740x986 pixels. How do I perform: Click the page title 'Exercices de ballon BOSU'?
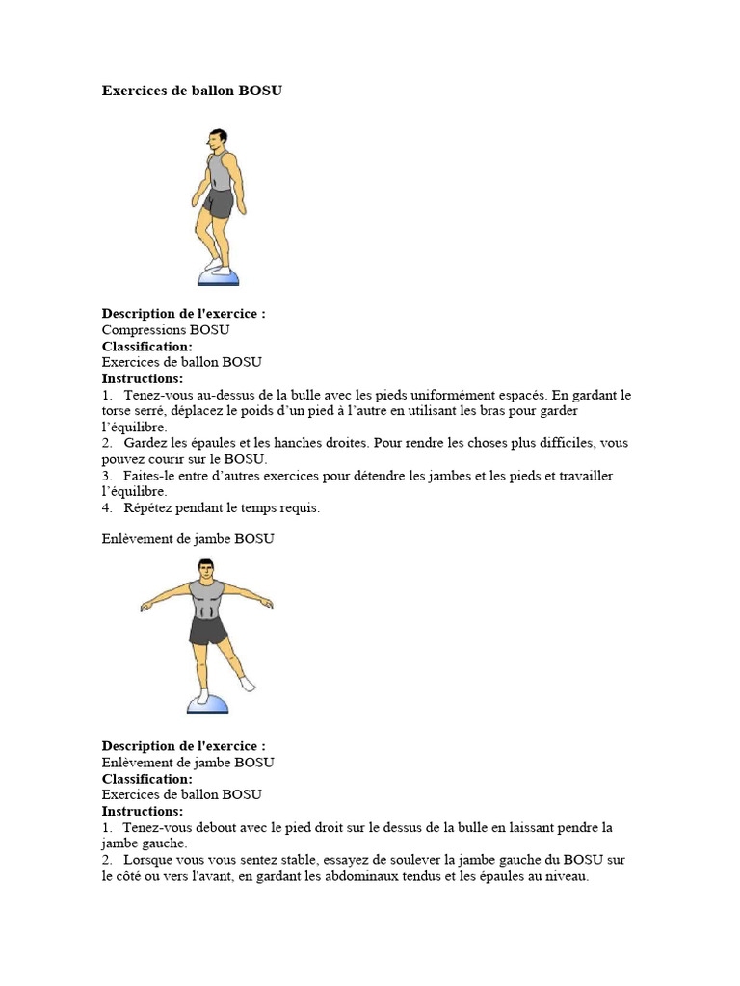(x=192, y=91)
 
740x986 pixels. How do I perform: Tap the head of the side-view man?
(x=218, y=141)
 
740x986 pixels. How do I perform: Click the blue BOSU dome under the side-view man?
(x=218, y=277)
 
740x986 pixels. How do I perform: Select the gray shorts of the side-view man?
(x=219, y=203)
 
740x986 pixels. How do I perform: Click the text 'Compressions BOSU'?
(x=166, y=330)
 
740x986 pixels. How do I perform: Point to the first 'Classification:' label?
(x=147, y=347)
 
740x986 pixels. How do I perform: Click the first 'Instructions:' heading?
(x=143, y=378)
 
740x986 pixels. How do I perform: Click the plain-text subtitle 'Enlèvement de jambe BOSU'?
(x=188, y=539)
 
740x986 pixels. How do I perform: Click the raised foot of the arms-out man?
(x=248, y=684)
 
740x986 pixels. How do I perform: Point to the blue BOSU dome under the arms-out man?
(x=207, y=705)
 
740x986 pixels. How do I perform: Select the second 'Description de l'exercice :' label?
(x=184, y=746)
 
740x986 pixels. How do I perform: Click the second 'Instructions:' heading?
(x=143, y=811)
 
